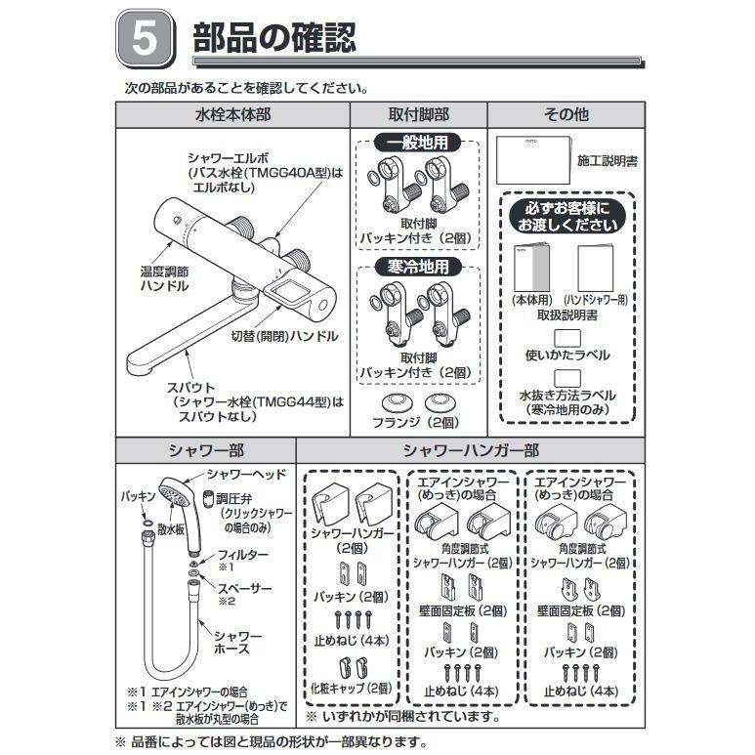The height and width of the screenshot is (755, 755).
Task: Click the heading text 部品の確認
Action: [x=274, y=40]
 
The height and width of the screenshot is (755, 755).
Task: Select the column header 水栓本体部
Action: [x=232, y=114]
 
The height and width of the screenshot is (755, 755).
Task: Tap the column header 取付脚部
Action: [x=418, y=114]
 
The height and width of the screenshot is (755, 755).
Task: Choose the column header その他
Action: [x=566, y=114]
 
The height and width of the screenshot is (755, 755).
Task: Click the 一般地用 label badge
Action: [x=417, y=143]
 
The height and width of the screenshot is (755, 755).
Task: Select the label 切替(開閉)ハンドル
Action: [x=284, y=336]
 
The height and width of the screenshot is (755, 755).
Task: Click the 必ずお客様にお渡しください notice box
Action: [x=566, y=217]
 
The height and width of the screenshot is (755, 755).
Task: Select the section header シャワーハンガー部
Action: [x=471, y=451]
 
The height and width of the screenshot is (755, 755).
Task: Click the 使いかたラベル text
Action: [x=566, y=355]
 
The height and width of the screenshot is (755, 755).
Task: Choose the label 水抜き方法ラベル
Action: [x=566, y=396]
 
